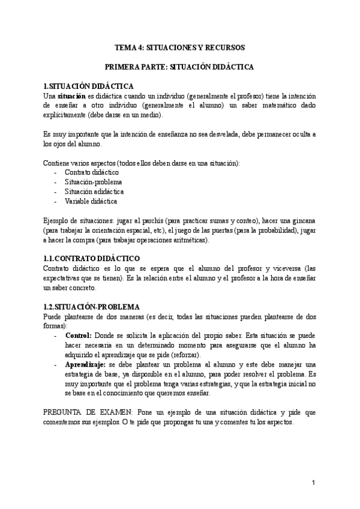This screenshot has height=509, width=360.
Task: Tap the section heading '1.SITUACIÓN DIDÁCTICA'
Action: coord(89,86)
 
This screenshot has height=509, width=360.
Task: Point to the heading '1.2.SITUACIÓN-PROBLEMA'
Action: coord(92,307)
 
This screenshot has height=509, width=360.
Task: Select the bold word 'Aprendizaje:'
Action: coord(85,364)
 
